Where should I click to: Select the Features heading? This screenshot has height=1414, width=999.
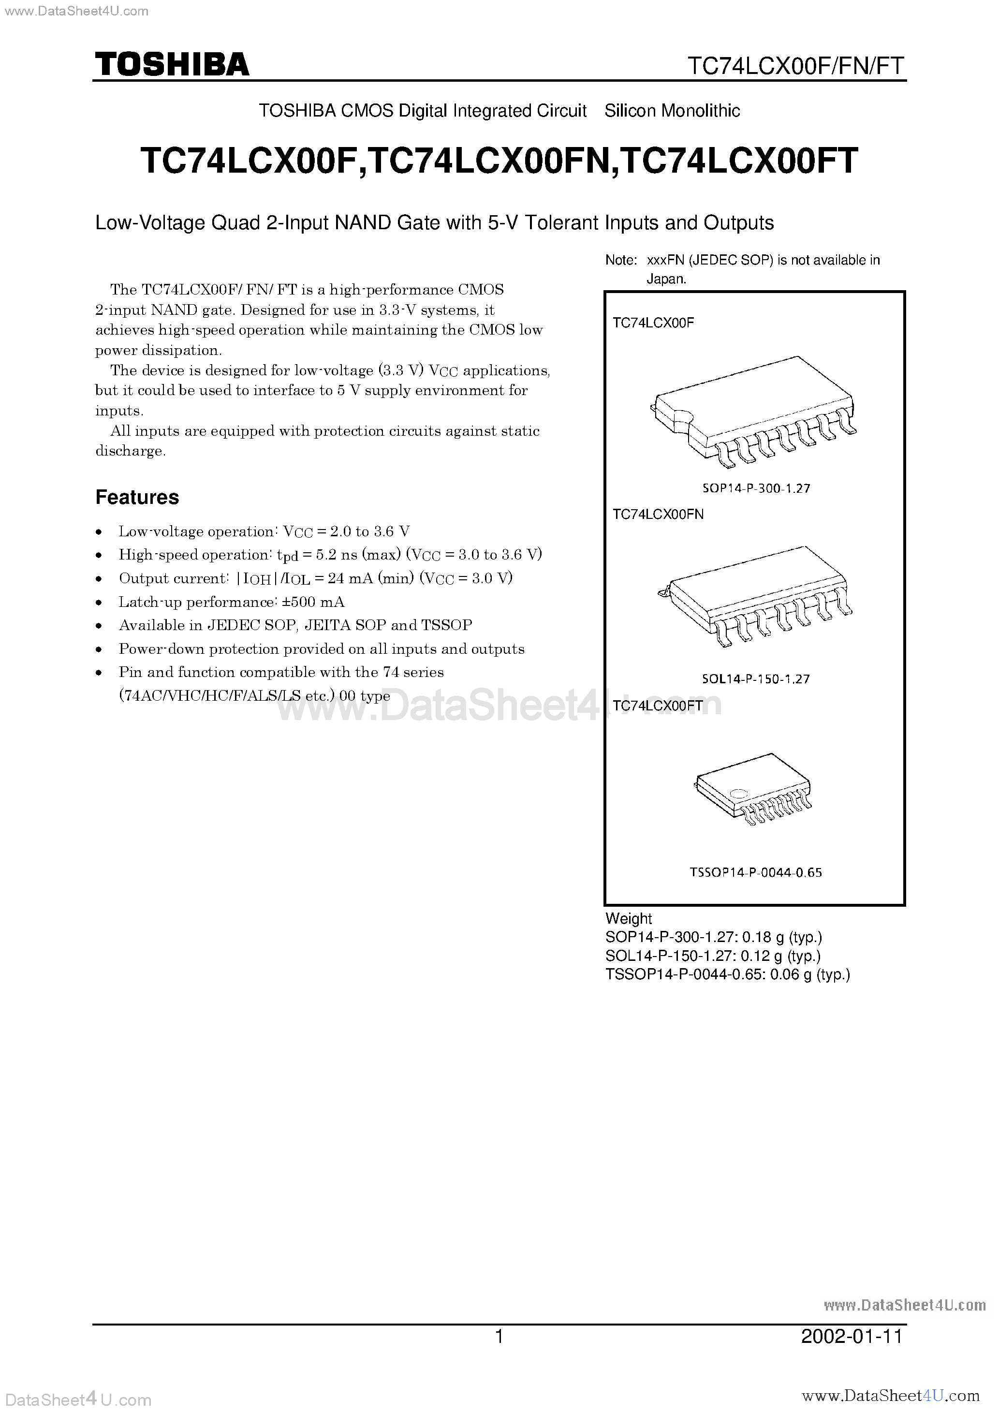click(x=137, y=497)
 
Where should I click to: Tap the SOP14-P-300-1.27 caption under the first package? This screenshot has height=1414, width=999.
click(x=756, y=488)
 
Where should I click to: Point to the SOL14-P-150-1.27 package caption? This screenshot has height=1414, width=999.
click(x=755, y=679)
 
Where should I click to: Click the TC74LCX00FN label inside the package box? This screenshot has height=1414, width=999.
click(x=658, y=514)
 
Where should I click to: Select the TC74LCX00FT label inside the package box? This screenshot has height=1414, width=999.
click(x=658, y=707)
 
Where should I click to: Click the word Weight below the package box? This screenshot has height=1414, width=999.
click(x=628, y=918)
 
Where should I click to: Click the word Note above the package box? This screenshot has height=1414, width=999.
click(x=620, y=261)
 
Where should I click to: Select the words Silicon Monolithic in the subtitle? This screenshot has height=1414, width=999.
click(x=672, y=111)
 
